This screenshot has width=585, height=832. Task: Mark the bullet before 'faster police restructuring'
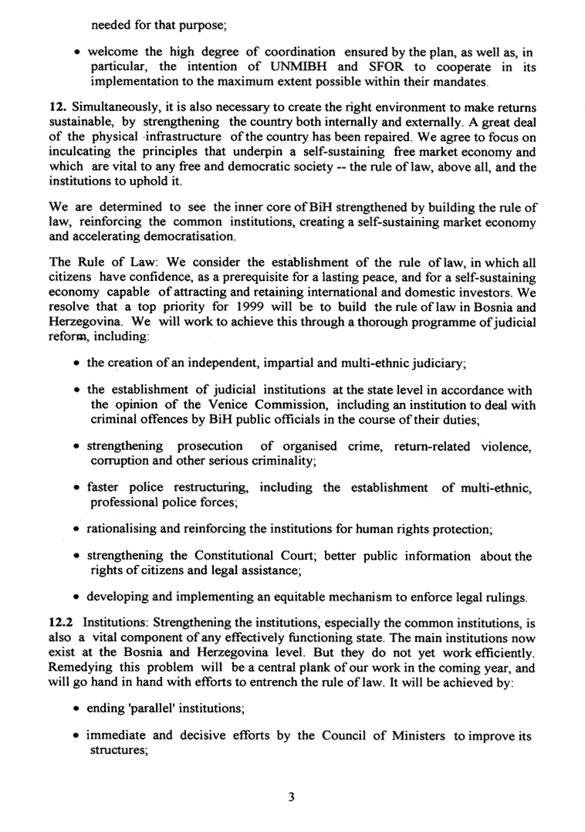79,488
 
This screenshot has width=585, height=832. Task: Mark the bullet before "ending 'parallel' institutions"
79,704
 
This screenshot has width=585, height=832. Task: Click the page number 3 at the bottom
292,797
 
